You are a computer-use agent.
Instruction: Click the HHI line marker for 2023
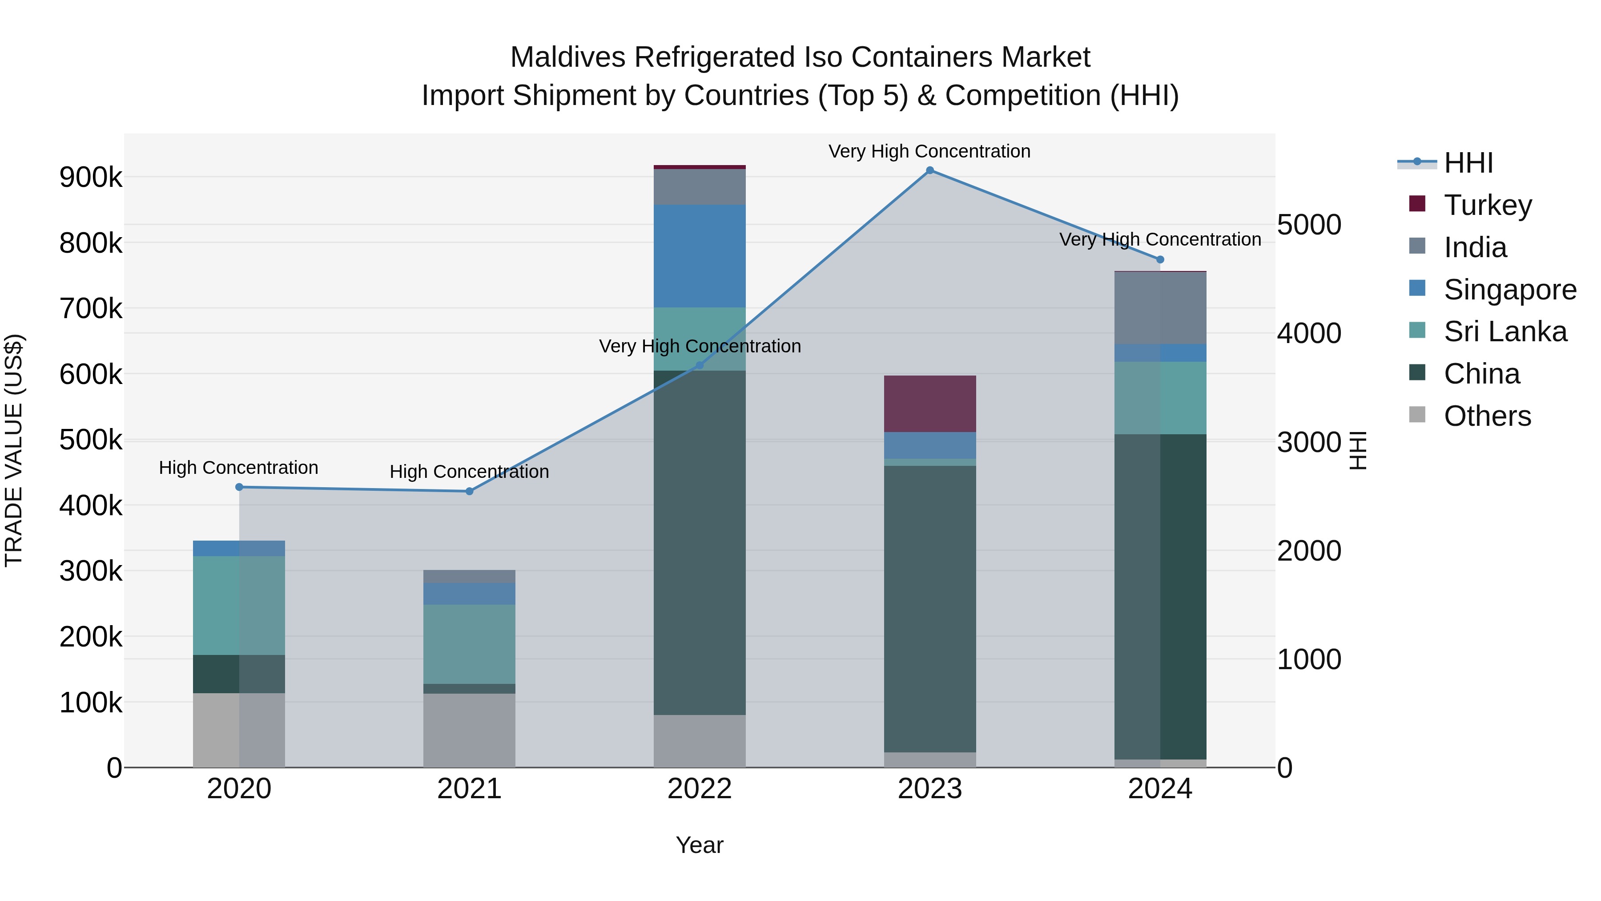coord(930,170)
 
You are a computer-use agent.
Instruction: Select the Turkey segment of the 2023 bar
coord(930,404)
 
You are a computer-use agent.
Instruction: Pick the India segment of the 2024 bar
coord(1160,308)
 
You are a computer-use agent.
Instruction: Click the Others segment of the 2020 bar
coord(239,730)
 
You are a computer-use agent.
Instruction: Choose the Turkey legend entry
coord(1487,205)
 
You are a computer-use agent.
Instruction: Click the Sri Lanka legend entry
coord(1504,331)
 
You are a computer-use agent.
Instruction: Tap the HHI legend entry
coord(1468,163)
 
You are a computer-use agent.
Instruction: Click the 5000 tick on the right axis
coord(1309,225)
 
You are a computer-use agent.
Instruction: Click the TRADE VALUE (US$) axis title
coord(14,450)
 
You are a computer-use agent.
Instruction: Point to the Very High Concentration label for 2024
coord(1160,239)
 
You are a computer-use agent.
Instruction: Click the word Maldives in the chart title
coord(567,57)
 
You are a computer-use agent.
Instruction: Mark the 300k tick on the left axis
coord(91,571)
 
